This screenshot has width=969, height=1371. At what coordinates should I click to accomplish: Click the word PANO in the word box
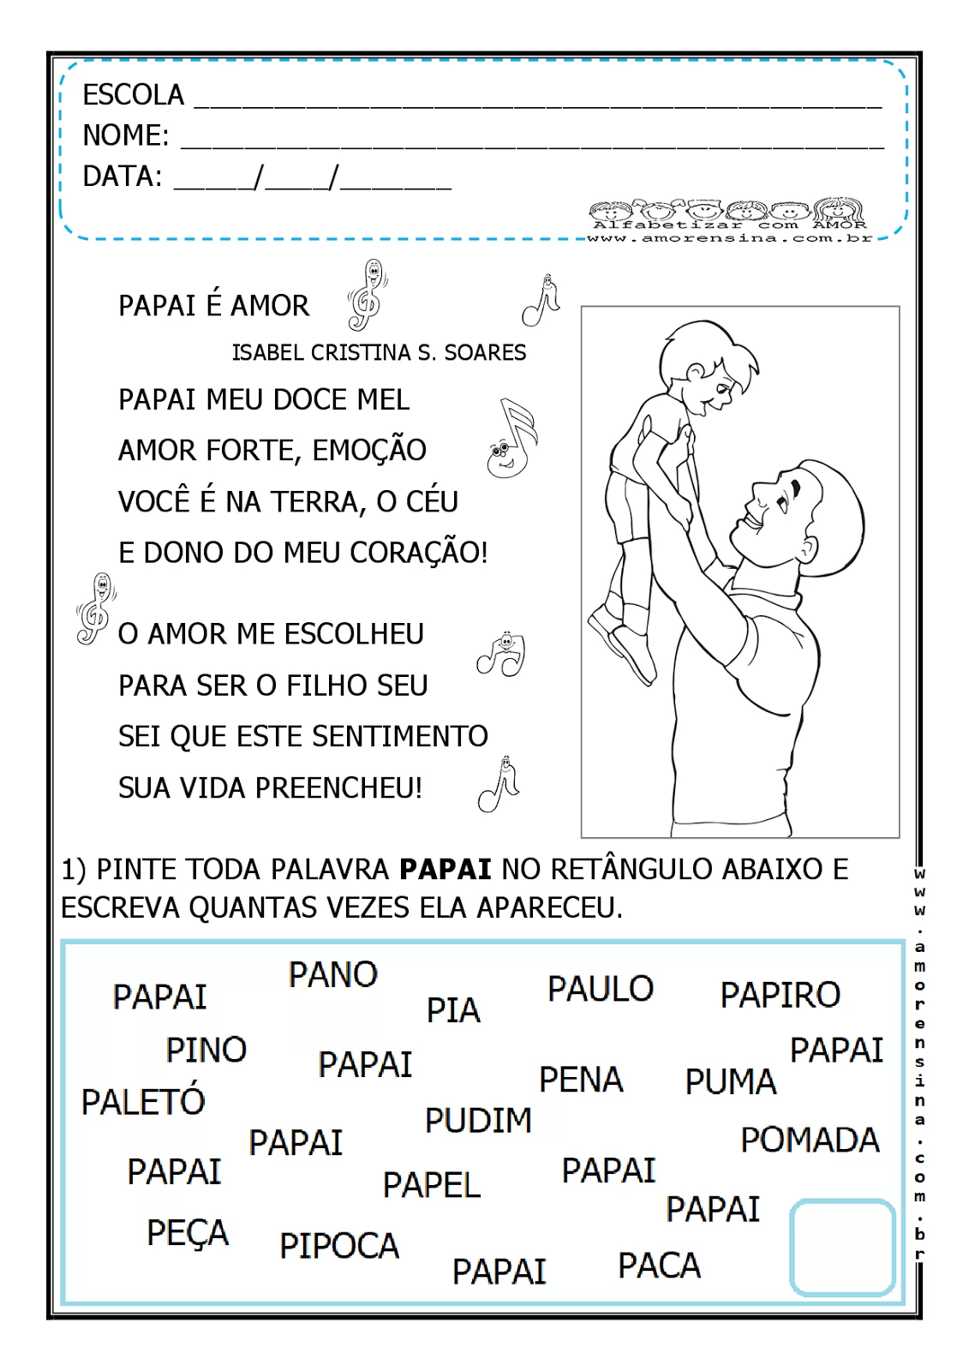332,975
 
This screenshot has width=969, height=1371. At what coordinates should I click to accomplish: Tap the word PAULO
601,989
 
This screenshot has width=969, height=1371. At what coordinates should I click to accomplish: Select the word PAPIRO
780,995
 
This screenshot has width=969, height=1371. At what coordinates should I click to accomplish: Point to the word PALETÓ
143,1101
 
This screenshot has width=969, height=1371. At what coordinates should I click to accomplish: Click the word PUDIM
478,1121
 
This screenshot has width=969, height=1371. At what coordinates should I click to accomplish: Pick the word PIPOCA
339,1246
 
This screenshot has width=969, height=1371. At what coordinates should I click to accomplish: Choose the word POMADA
810,1141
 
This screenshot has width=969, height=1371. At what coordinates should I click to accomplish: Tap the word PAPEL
432,1186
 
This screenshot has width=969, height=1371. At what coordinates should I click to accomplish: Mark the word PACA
659,1266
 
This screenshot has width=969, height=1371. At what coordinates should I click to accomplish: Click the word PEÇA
188,1234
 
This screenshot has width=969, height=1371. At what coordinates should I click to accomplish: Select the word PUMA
730,1082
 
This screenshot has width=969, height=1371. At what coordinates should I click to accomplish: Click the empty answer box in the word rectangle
842,1247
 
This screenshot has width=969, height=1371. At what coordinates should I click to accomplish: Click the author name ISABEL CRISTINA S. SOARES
379,353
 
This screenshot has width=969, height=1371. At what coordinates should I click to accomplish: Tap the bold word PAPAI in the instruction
446,869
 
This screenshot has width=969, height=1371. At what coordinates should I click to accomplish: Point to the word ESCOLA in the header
133,95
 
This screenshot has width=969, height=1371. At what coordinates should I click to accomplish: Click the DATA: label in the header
122,177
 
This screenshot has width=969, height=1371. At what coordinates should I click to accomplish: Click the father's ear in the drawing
807,548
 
